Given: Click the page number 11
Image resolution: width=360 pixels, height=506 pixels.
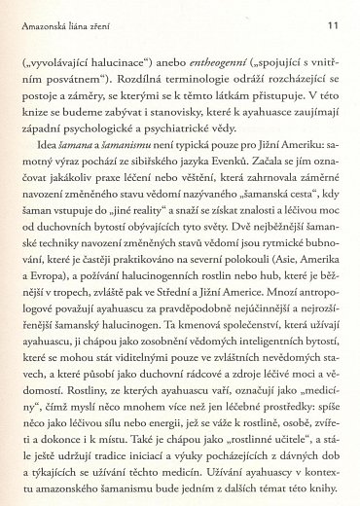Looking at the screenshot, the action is [x=332, y=22].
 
